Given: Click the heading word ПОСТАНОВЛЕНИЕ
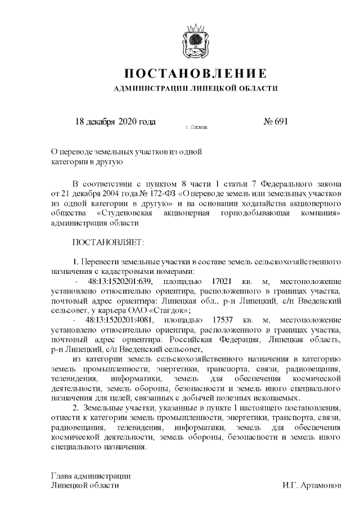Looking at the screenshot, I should (195, 74).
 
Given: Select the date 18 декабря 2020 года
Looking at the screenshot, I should (115, 121).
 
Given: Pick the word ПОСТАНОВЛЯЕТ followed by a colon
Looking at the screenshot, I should (109, 242).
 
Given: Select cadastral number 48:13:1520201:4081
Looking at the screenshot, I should (115, 319).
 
